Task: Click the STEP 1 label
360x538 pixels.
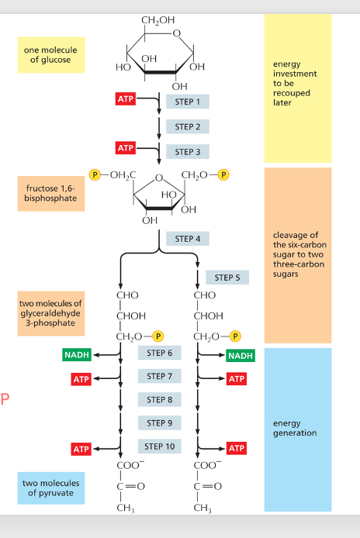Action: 187,102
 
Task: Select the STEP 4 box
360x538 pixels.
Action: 187,239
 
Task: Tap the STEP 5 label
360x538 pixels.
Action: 227,278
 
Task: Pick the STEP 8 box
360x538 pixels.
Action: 159,400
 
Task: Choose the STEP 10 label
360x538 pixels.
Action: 159,447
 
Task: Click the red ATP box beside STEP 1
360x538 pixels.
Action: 125,99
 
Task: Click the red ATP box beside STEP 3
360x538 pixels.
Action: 125,148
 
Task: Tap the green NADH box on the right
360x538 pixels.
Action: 240,355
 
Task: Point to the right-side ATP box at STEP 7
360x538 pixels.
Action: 237,379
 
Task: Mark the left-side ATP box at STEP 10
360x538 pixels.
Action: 81,449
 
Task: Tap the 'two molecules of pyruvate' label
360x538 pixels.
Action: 50,488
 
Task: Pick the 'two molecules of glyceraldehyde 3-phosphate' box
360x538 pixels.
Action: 50,313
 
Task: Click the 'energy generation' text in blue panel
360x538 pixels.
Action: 295,428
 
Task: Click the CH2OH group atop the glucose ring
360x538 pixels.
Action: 158,19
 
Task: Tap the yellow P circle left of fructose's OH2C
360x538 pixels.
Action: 97,174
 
